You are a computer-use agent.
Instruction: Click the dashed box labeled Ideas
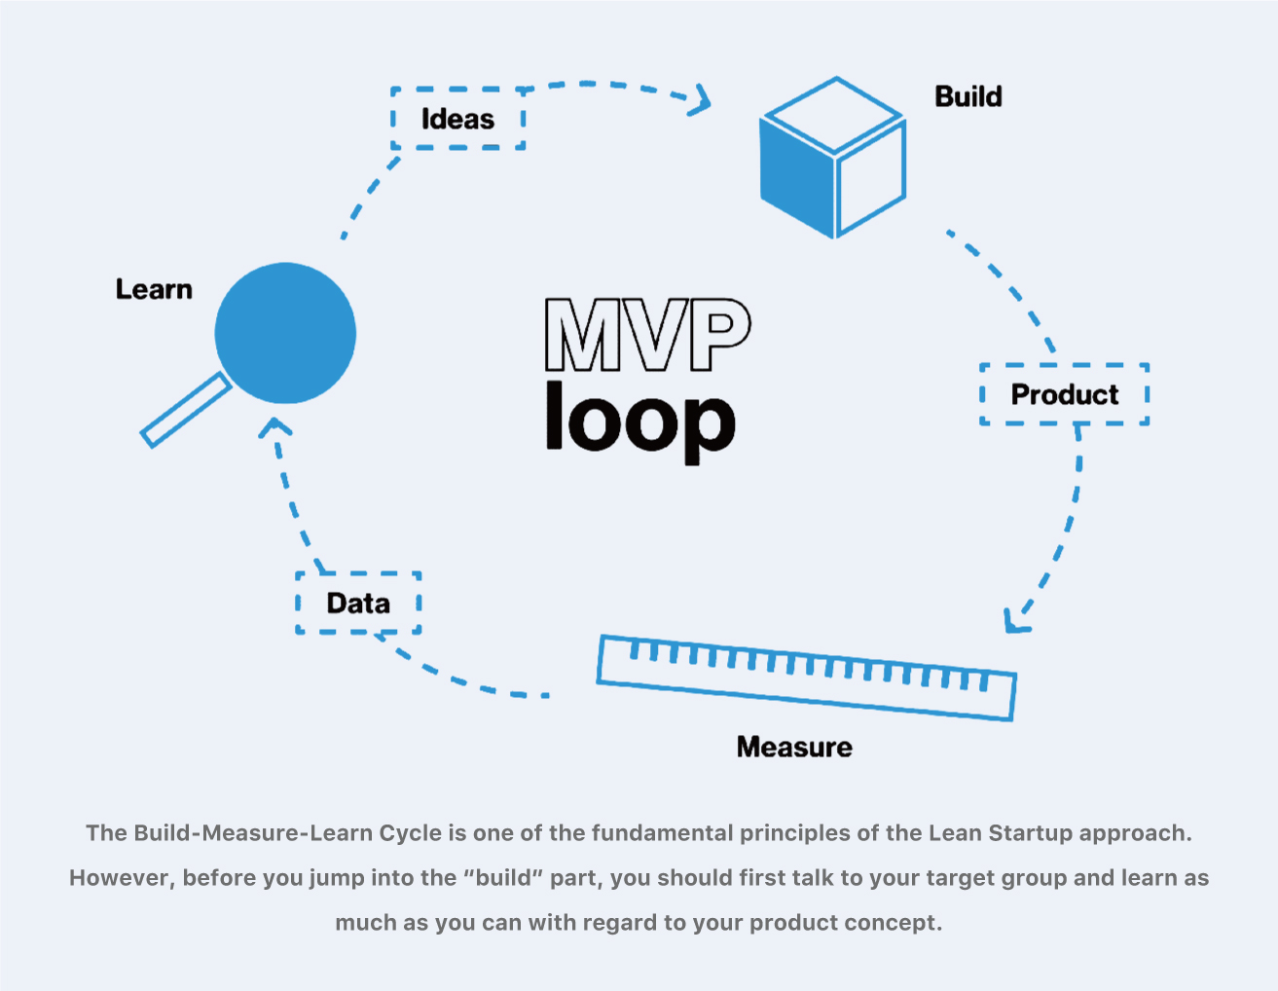pyautogui.click(x=457, y=119)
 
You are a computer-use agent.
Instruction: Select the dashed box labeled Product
pyautogui.click(x=1064, y=394)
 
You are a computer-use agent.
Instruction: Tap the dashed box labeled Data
pyautogui.click(x=358, y=604)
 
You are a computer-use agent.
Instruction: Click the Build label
pyautogui.click(x=968, y=96)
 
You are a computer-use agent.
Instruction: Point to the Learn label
pyautogui.click(x=154, y=289)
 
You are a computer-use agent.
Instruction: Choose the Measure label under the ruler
pyautogui.click(x=794, y=747)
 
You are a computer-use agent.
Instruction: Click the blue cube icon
pyautogui.click(x=833, y=158)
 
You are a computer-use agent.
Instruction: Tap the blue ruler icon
pyautogui.click(x=806, y=679)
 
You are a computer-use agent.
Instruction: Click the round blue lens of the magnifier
pyautogui.click(x=285, y=333)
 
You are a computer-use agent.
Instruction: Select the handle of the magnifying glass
pyautogui.click(x=185, y=412)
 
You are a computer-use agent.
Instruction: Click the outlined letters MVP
pyautogui.click(x=647, y=335)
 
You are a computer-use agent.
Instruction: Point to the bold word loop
pyautogui.click(x=639, y=421)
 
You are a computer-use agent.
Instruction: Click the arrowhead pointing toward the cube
pyautogui.click(x=701, y=100)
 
